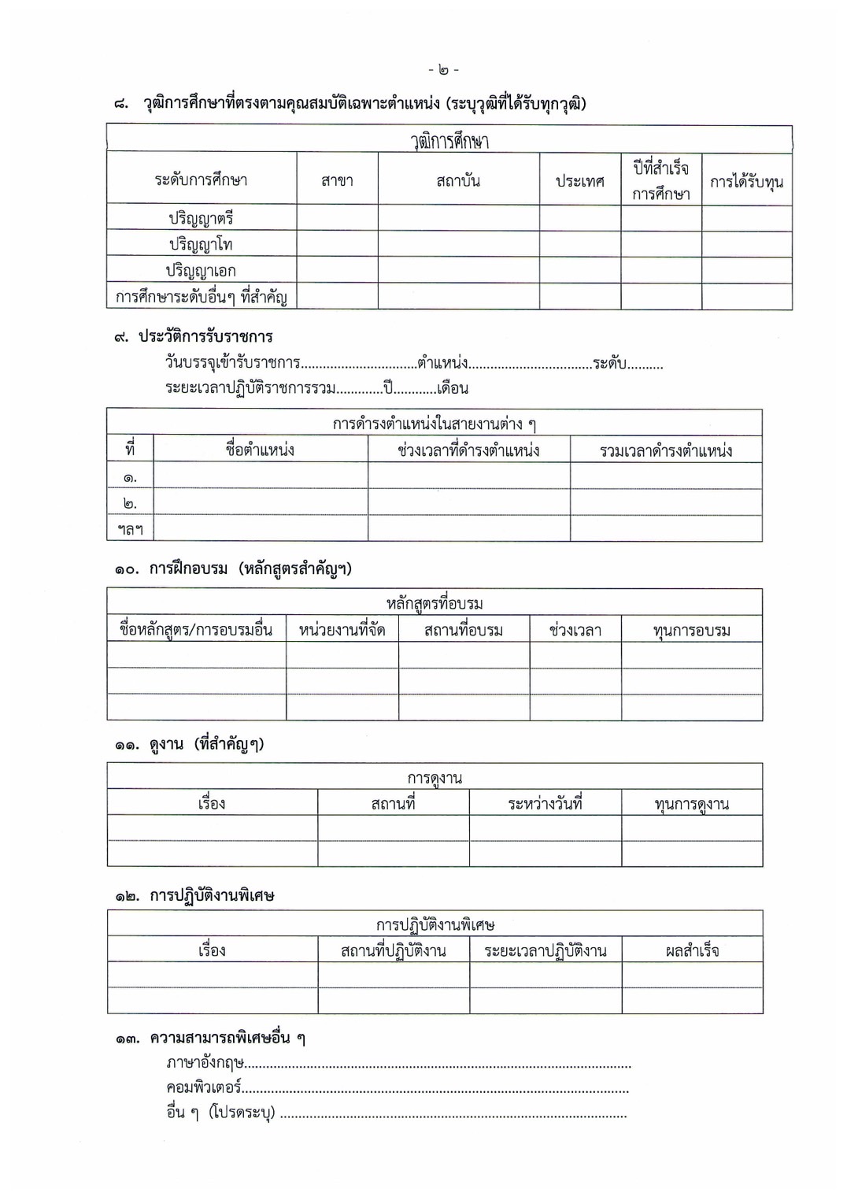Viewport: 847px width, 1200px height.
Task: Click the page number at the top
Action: point(444,70)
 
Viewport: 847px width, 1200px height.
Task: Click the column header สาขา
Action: point(337,180)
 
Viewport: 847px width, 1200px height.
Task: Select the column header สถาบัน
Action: point(458,180)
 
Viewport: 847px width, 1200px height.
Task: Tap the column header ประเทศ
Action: point(579,181)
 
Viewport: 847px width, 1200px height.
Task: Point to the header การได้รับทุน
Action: point(746,182)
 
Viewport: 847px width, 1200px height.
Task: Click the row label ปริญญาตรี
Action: point(202,218)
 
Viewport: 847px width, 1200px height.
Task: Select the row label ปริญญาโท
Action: point(201,244)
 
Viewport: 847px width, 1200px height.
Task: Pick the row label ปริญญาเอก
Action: point(201,270)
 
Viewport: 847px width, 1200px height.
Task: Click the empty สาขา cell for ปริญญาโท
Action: point(337,243)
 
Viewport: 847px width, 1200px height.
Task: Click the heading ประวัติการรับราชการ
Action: point(205,336)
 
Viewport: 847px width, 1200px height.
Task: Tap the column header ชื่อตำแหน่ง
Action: point(260,450)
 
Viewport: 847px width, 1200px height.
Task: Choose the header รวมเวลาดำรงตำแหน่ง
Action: point(666,450)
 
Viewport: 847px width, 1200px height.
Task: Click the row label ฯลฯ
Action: point(131,529)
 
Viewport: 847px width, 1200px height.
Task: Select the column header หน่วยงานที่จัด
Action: point(342,630)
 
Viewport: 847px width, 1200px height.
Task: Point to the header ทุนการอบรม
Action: point(692,630)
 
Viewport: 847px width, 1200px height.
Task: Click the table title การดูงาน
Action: point(435,778)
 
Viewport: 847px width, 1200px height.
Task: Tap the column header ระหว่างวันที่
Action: point(545,804)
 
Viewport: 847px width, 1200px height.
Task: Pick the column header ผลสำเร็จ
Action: point(692,950)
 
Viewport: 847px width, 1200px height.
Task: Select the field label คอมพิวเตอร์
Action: point(203,1087)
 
